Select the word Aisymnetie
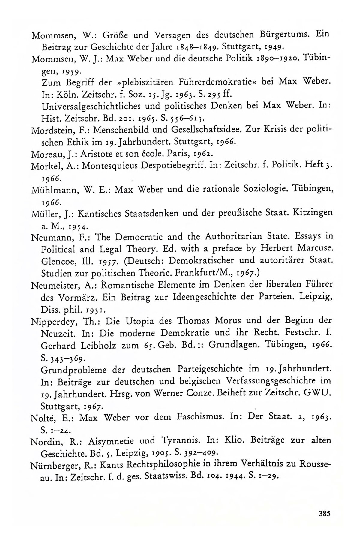coord(118,441)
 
